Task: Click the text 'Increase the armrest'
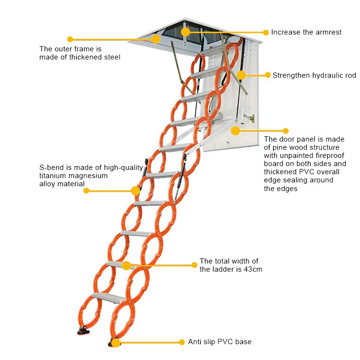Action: pyautogui.click(x=306, y=32)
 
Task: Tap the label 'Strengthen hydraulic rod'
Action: pyautogui.click(x=314, y=75)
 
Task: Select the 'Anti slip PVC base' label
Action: pyautogui.click(x=220, y=342)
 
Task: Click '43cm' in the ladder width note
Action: pyautogui.click(x=253, y=269)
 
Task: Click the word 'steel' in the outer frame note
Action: pyautogui.click(x=112, y=57)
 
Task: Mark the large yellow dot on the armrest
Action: pyautogui.click(x=185, y=32)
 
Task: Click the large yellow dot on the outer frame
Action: pyautogui.click(x=156, y=39)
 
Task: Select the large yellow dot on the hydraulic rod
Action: pyautogui.click(x=241, y=75)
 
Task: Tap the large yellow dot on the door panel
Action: pyautogui.click(x=235, y=131)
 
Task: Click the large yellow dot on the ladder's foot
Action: pyautogui.click(x=116, y=343)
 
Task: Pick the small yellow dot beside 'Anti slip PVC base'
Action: pyautogui.click(x=182, y=342)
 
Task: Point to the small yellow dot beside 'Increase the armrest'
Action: pyautogui.click(x=266, y=32)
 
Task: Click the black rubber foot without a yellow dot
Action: pyautogui.click(x=84, y=331)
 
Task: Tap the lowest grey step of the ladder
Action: pyautogui.click(x=109, y=297)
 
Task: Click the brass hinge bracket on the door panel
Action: pyautogui.click(x=249, y=118)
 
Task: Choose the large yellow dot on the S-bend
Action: pyautogui.click(x=135, y=191)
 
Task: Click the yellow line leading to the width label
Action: pyautogui.click(x=160, y=265)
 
